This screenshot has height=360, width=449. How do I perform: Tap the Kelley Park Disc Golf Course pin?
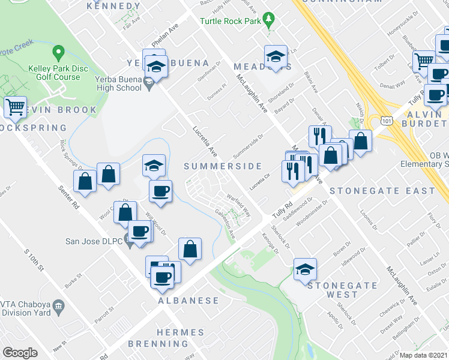[x=59, y=53]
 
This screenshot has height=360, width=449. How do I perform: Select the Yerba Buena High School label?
[x=119, y=88]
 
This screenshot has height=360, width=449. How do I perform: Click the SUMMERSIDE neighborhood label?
[x=223, y=166]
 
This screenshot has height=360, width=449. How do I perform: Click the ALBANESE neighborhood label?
[x=188, y=300]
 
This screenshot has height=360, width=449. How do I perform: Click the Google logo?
[x=20, y=353]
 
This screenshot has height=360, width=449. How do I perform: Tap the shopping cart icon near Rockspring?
[x=16, y=107]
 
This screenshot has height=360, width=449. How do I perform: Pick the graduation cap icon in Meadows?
[x=276, y=57]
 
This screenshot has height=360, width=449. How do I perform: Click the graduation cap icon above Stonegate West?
[x=305, y=270]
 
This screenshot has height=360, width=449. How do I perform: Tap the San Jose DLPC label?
[x=93, y=242]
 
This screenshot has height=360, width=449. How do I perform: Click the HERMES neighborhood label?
[x=180, y=332]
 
